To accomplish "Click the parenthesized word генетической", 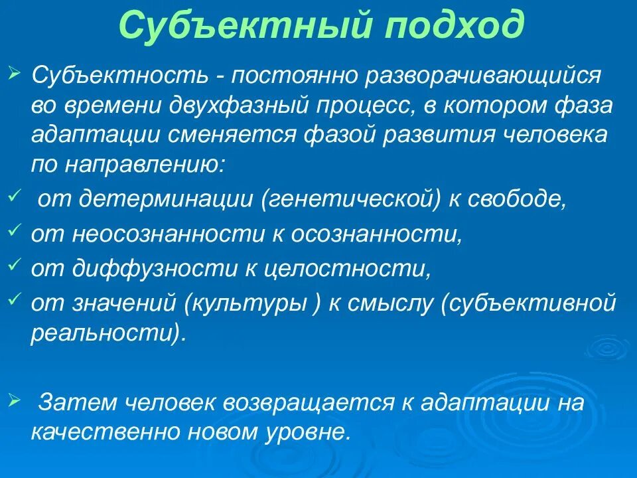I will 352,200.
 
